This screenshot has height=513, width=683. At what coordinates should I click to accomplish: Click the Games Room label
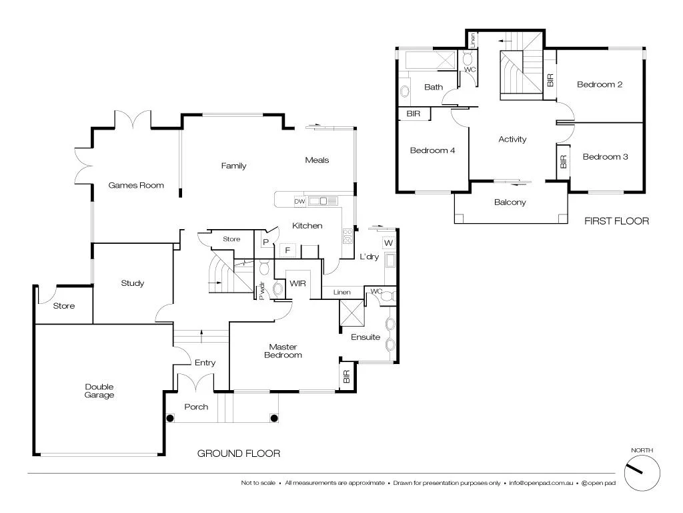click(136, 185)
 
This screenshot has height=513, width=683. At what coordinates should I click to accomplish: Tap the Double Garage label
click(99, 391)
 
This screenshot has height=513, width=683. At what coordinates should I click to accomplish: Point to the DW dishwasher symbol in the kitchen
click(299, 201)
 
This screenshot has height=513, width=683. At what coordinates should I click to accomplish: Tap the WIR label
click(297, 284)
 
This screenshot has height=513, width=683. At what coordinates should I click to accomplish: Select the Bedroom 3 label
click(605, 157)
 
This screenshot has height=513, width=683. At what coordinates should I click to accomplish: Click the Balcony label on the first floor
click(510, 202)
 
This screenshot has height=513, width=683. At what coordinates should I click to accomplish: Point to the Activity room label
click(512, 140)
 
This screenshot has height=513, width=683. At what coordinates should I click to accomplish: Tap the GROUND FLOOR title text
click(238, 454)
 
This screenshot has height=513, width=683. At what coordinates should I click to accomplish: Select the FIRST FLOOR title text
click(616, 220)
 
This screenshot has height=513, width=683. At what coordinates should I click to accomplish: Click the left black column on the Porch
click(171, 419)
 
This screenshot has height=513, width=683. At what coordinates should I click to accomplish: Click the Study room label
click(132, 283)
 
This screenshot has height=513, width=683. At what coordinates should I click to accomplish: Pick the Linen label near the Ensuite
click(341, 293)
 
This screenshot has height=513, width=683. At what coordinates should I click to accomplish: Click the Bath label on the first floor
click(434, 87)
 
